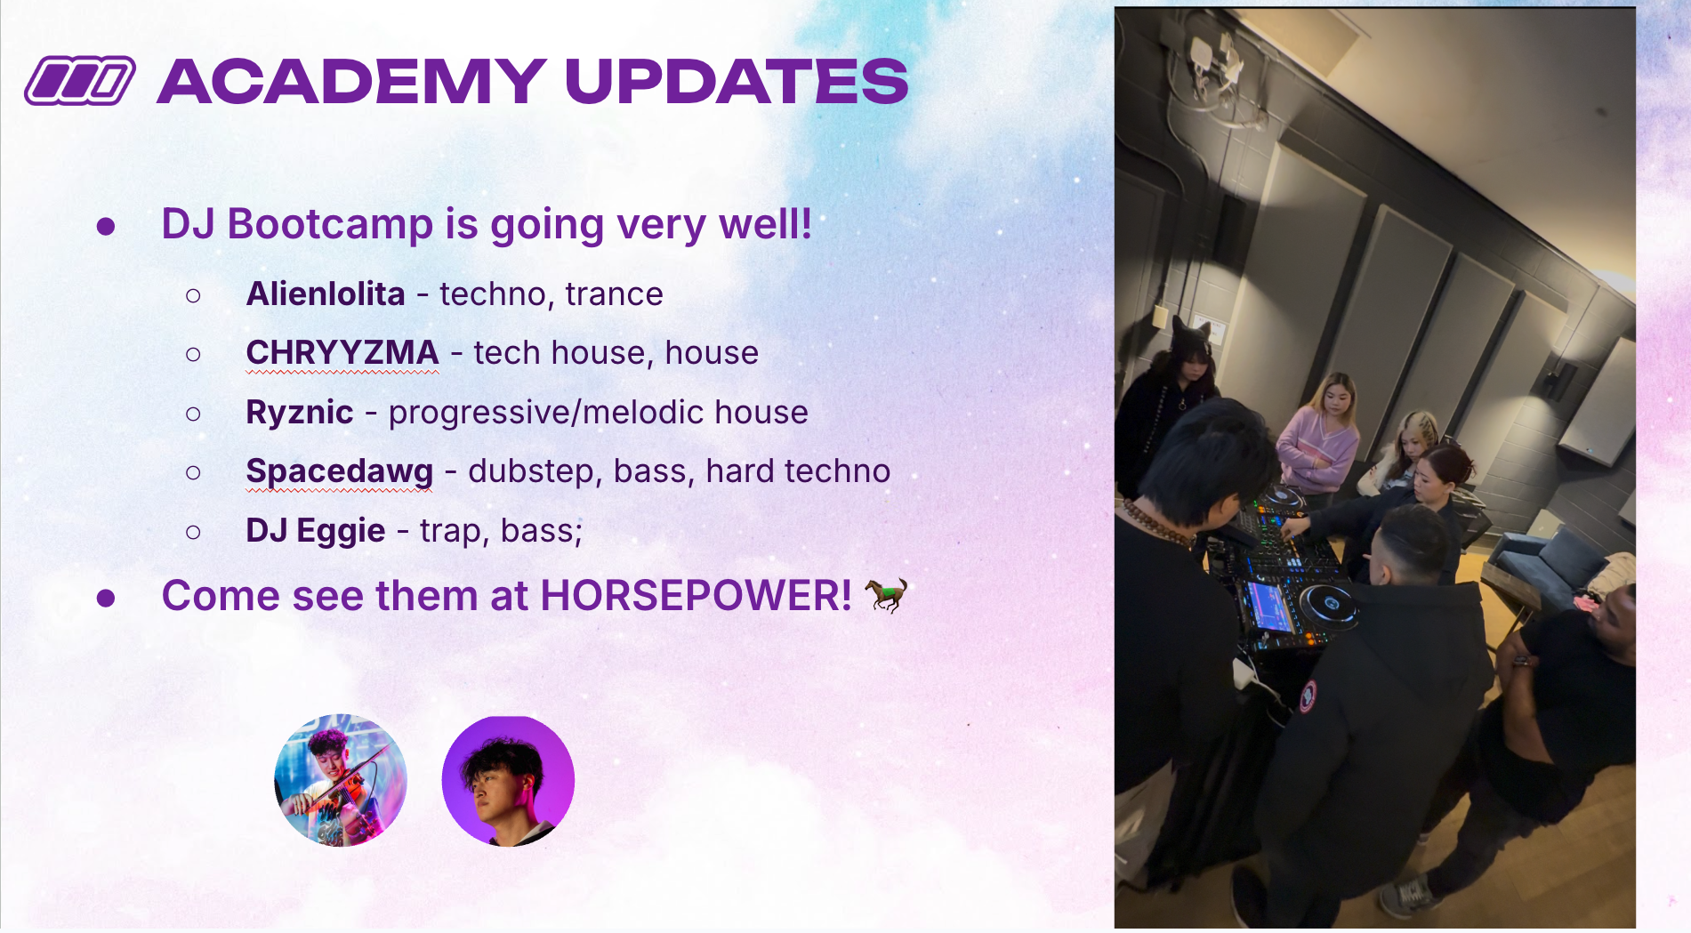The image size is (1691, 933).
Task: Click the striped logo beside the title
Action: pyautogui.click(x=80, y=81)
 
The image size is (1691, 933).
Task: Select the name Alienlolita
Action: pyautogui.click(x=326, y=294)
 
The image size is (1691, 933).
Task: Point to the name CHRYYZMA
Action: pyautogui.click(x=342, y=353)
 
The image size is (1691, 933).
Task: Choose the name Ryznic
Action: pyautogui.click(x=300, y=413)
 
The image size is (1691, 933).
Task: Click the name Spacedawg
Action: pyautogui.click(x=340, y=471)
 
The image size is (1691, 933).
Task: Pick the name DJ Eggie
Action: pyautogui.click(x=316, y=531)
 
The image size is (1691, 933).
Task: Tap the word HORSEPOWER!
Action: pyautogui.click(x=696, y=596)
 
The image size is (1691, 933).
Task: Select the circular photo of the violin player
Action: pyautogui.click(x=341, y=780)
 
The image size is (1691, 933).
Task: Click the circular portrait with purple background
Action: pyautogui.click(x=508, y=780)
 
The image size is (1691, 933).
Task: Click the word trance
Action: pyautogui.click(x=615, y=294)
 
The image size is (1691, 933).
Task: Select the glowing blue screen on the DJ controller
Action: pyautogui.click(x=1269, y=605)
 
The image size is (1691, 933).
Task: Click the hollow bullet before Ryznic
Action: pyautogui.click(x=193, y=414)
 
